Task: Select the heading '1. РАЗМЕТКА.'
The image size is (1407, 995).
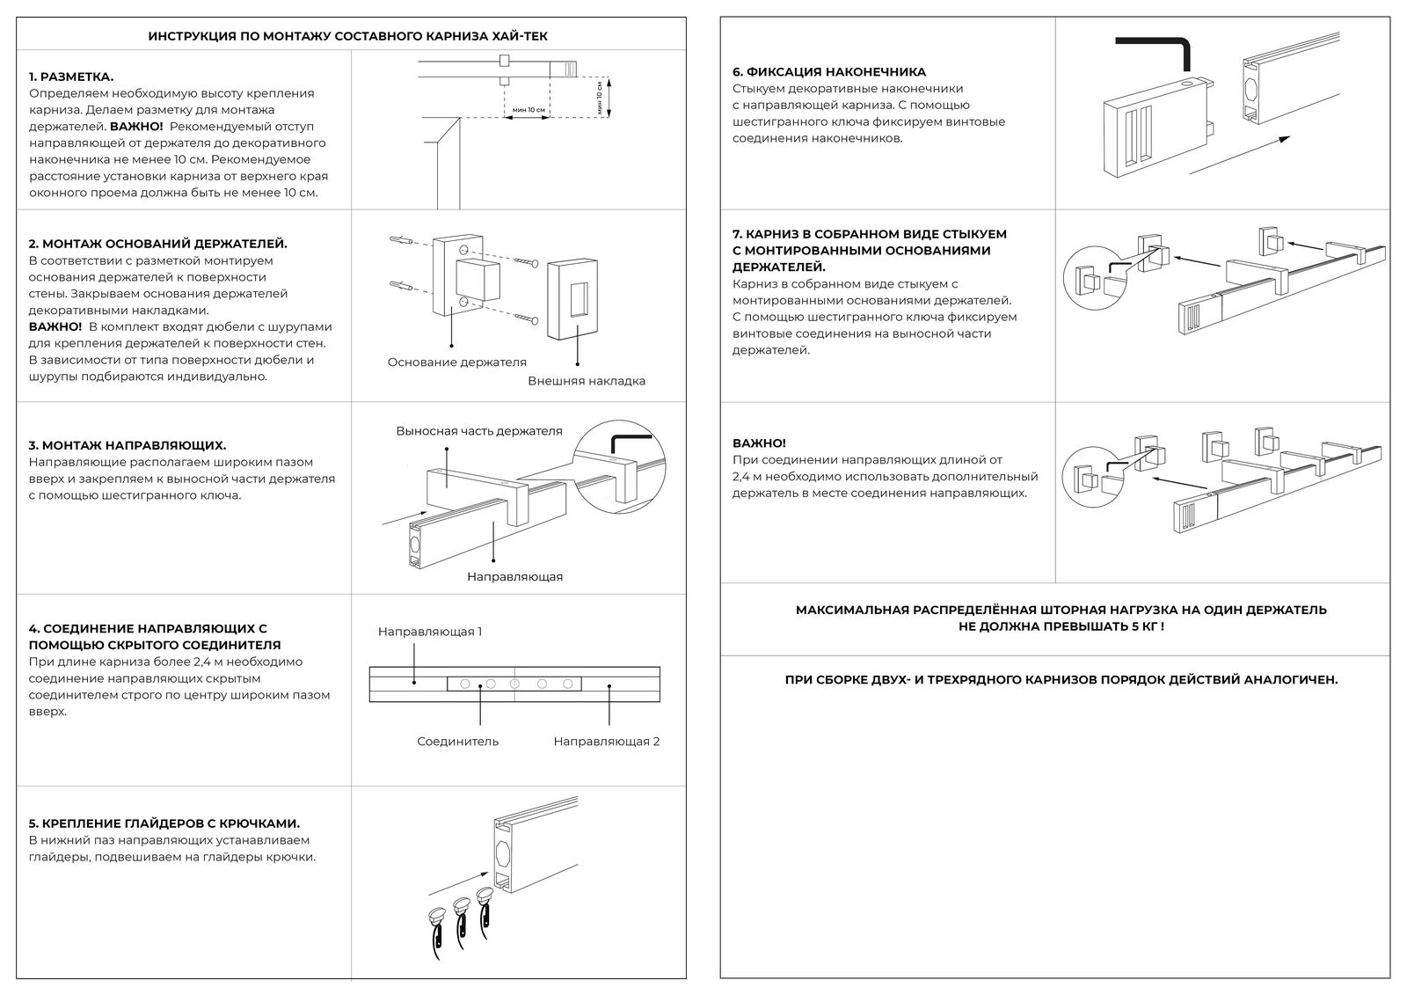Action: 71,77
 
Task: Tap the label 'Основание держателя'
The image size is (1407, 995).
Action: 456,362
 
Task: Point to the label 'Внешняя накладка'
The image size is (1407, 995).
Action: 587,381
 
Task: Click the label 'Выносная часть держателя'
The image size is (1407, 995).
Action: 478,431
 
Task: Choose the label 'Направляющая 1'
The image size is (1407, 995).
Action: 430,632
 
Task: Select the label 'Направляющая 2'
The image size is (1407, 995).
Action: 606,741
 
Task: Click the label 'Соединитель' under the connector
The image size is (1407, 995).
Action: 457,741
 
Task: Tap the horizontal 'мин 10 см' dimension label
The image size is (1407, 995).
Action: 528,110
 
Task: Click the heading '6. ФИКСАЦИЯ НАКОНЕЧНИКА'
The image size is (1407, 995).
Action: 829,72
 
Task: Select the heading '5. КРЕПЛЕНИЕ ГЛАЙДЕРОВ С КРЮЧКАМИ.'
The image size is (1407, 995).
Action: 164,823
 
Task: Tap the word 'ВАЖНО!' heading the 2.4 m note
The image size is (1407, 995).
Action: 759,443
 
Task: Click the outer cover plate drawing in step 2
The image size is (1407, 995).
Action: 577,299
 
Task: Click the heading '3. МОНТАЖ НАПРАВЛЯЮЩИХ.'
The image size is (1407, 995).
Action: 128,445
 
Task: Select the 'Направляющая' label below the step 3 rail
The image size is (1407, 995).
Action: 514,576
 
